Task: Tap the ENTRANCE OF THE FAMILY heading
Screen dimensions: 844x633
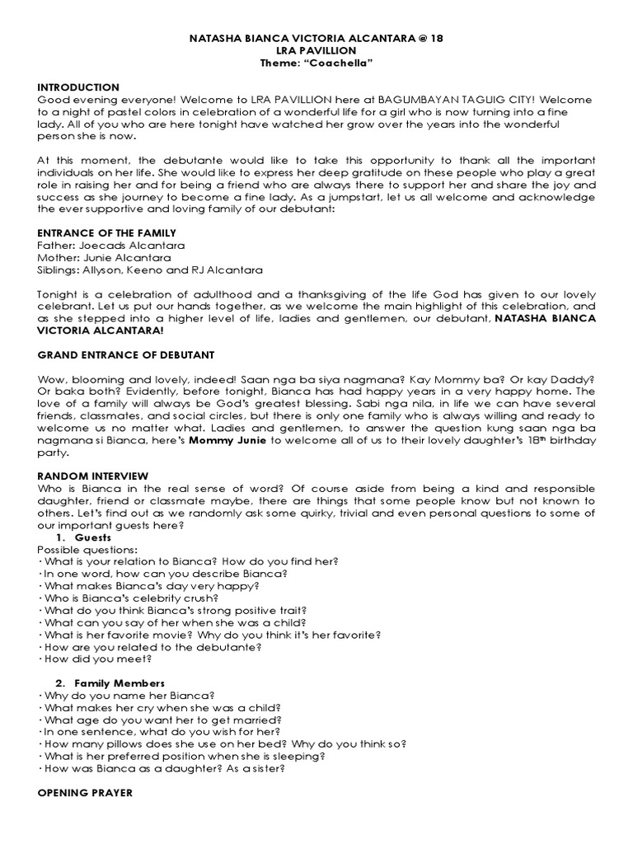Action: click(105, 234)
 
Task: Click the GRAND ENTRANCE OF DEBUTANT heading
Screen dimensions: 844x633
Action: click(126, 354)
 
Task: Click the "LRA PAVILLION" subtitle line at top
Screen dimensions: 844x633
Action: click(316, 51)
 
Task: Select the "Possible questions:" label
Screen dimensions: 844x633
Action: click(87, 549)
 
